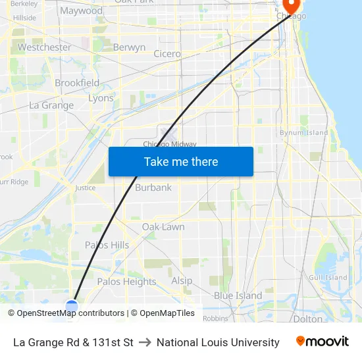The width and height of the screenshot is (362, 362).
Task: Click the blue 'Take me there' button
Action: point(180,161)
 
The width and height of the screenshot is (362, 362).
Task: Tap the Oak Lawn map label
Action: point(163,227)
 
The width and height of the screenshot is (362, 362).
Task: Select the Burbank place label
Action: point(153,188)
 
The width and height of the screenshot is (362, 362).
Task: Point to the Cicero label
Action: point(167,54)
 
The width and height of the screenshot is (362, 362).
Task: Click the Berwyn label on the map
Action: point(129,47)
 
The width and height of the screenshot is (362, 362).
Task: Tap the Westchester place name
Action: point(44,47)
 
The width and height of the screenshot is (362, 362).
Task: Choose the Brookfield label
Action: point(77,83)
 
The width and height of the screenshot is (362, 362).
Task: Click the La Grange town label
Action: point(51,105)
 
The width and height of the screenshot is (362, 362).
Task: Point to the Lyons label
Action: point(101,98)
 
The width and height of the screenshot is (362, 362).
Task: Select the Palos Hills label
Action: point(107,245)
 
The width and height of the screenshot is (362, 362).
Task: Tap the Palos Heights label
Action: point(126,281)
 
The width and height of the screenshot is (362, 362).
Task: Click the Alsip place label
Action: point(182,280)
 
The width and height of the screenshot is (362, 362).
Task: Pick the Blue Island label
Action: point(238,296)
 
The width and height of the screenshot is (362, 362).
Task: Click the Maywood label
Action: point(81,11)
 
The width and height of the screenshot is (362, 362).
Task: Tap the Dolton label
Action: point(307,319)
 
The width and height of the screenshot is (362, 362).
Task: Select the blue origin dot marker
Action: point(72,305)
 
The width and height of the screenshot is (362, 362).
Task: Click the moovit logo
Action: point(322,342)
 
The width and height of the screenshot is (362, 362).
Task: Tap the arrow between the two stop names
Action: point(145,342)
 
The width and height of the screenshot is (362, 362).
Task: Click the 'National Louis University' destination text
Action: point(218,342)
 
